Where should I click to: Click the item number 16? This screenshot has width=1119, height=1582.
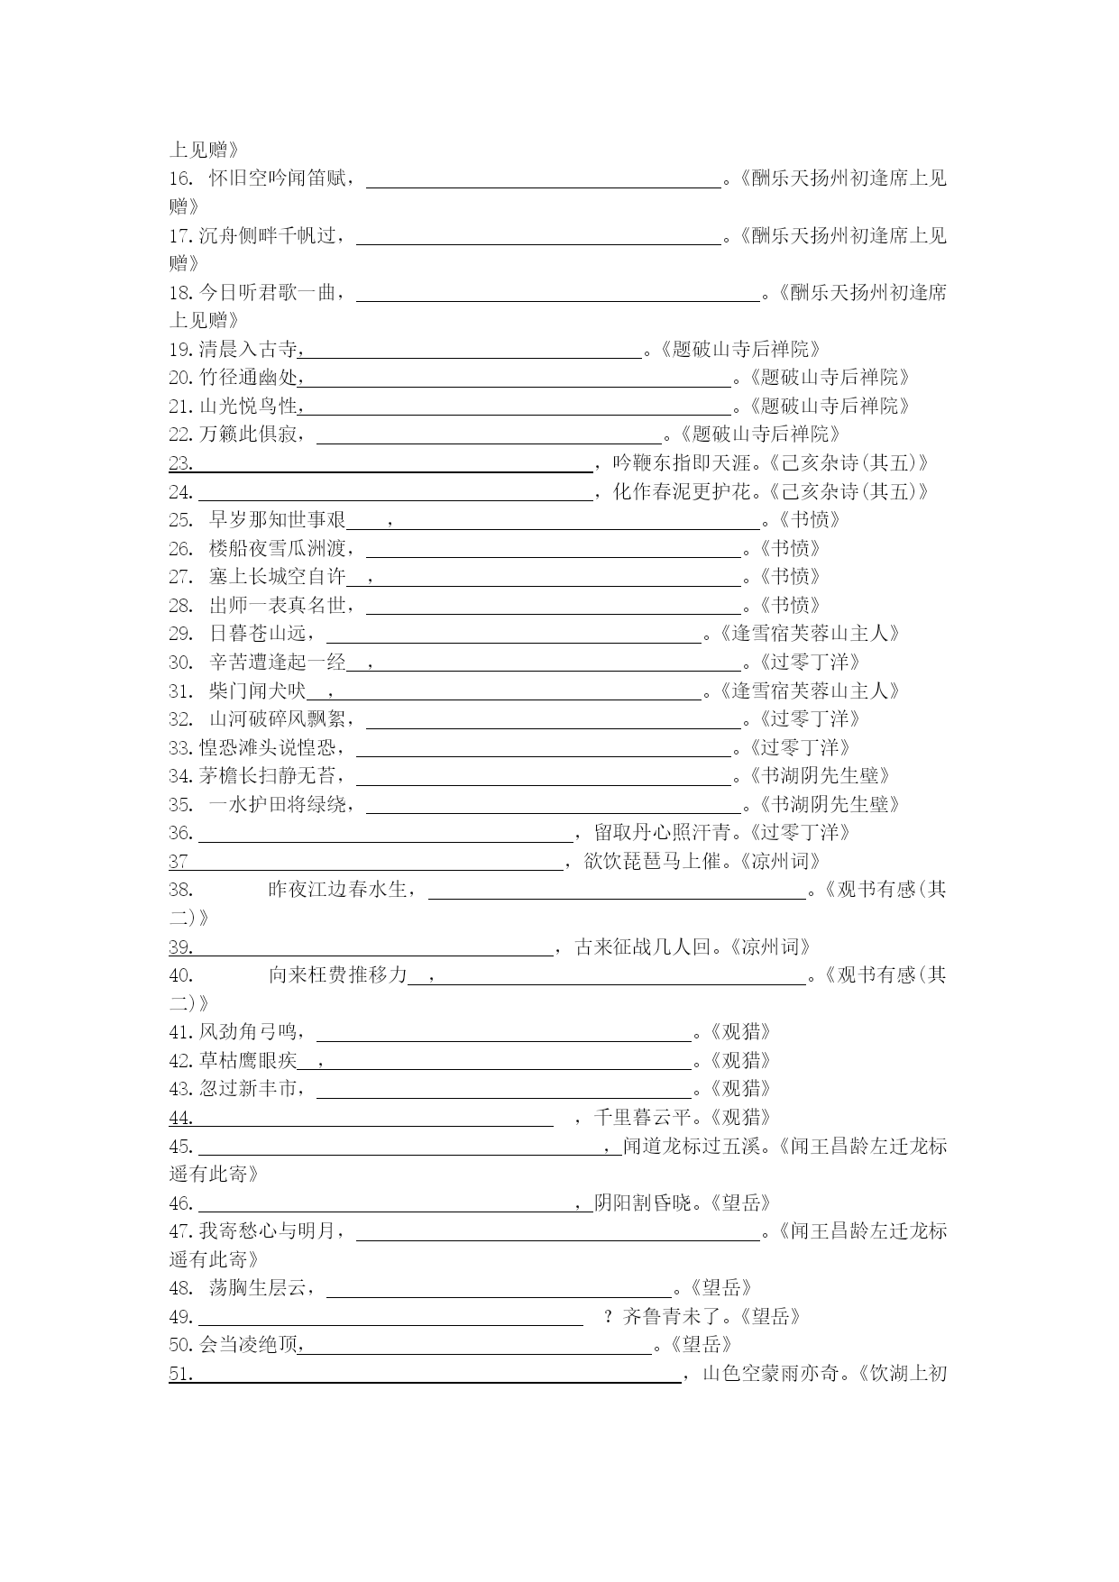click(x=180, y=178)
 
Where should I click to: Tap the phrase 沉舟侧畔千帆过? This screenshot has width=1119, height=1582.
click(x=268, y=236)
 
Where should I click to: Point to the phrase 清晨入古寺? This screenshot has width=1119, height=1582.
click(x=247, y=350)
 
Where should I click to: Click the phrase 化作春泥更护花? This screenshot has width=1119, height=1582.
click(x=682, y=492)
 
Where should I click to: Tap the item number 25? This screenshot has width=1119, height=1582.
click(x=180, y=520)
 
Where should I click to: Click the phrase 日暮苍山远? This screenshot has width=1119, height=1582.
click(x=257, y=634)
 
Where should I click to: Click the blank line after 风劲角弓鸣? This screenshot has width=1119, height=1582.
click(x=503, y=1033)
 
